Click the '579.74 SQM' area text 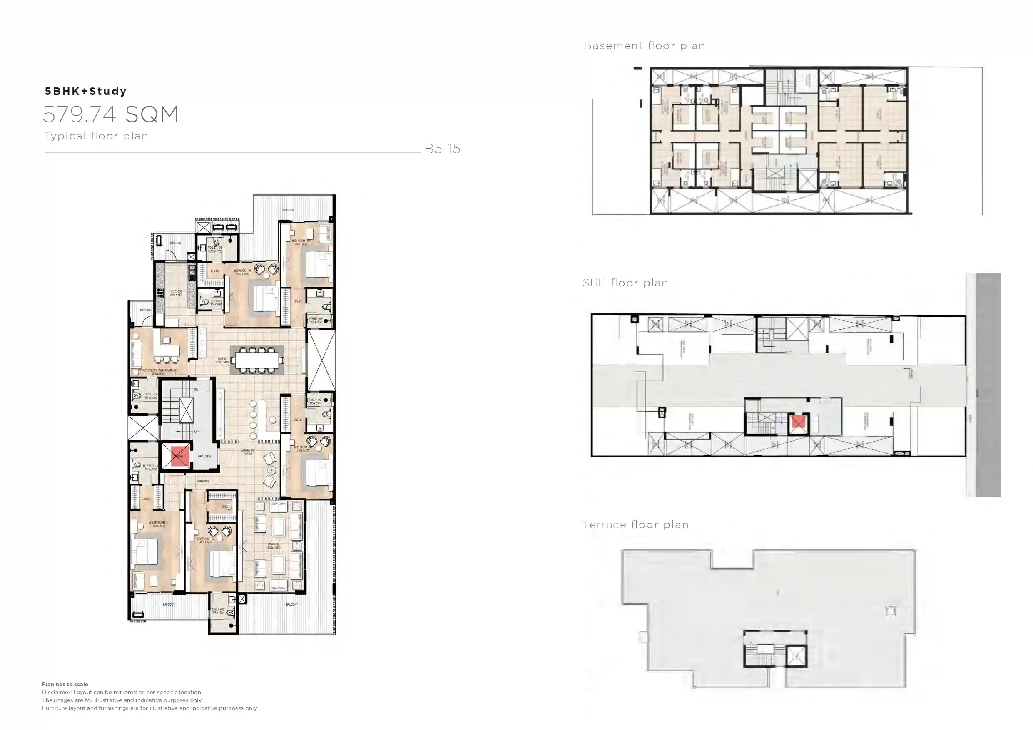click(111, 114)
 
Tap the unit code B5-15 click(442, 149)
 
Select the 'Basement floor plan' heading click(644, 45)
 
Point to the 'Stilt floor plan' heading click(625, 283)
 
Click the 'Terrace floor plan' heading click(635, 524)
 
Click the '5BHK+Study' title click(85, 91)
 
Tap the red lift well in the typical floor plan click(179, 457)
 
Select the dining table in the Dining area click(257, 360)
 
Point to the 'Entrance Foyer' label click(248, 452)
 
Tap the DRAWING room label click(274, 546)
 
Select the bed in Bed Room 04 click(319, 264)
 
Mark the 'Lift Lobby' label click(205, 457)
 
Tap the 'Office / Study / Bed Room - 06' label click(157, 372)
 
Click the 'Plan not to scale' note click(65, 684)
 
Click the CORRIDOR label click(203, 481)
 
